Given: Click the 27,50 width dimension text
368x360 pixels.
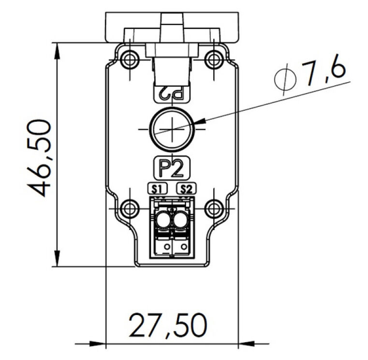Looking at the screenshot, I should (168, 326).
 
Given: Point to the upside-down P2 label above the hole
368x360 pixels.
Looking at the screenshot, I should (171, 94).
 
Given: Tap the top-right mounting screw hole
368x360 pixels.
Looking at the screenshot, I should (213, 59).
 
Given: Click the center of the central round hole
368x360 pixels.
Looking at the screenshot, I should (171, 129).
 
